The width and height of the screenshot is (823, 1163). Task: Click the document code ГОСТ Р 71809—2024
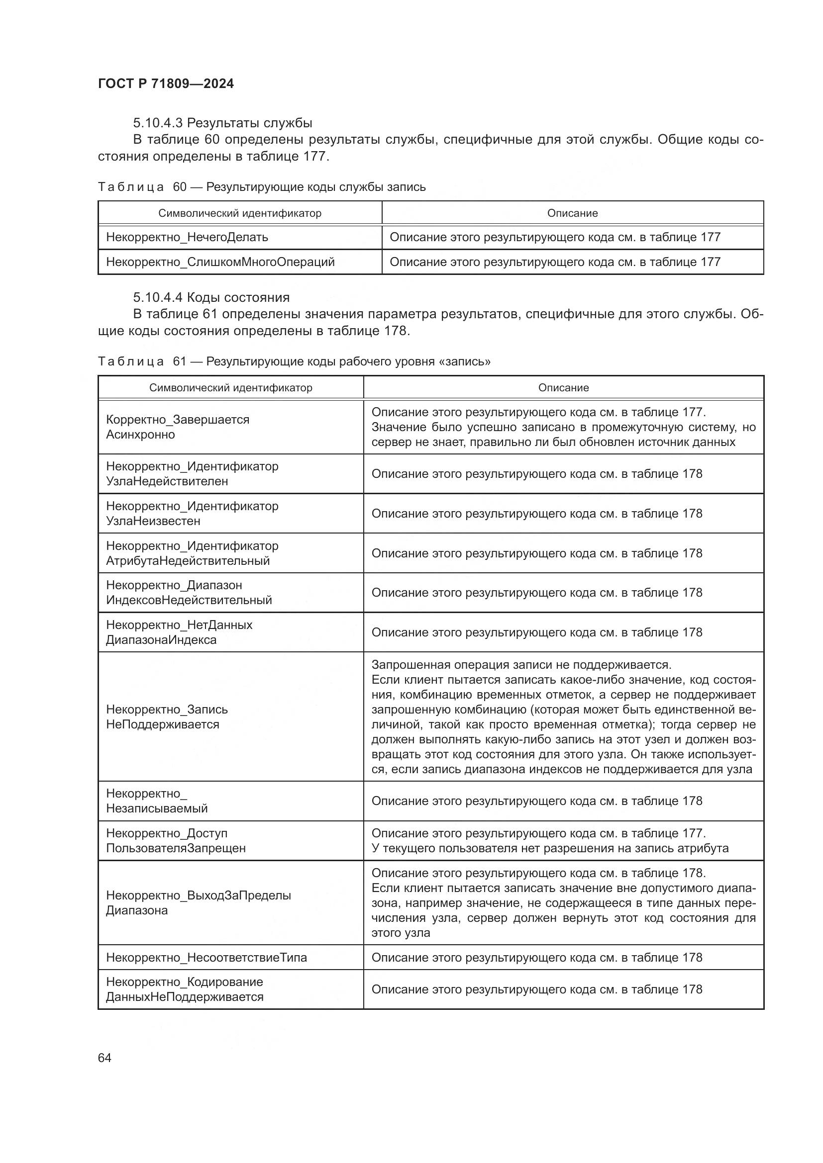tap(166, 84)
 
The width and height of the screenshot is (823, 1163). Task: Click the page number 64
tap(104, 1058)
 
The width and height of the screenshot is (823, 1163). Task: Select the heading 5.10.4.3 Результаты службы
tap(222, 123)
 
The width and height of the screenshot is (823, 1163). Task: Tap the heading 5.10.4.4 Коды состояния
tap(211, 297)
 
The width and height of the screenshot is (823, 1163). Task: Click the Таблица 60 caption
tap(262, 187)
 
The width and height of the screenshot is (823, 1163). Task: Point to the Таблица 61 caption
tap(294, 361)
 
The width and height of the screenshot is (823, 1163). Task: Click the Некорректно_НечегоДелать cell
tap(187, 237)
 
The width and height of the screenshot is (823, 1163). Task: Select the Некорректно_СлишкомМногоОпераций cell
tap(220, 262)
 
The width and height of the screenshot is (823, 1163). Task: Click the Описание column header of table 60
tap(572, 213)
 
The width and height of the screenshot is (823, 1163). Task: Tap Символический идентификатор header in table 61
tap(230, 387)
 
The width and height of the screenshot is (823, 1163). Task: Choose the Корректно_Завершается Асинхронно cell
tap(177, 427)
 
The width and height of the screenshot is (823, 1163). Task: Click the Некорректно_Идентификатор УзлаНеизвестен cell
tap(192, 513)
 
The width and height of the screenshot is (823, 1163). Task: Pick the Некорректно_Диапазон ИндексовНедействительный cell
tap(189, 593)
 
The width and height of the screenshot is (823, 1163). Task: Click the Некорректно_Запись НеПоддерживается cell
tap(167, 717)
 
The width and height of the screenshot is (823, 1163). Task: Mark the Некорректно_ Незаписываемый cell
tap(157, 801)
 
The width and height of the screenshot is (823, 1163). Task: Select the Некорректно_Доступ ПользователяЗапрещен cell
tap(175, 840)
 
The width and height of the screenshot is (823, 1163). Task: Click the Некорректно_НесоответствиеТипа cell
tap(206, 957)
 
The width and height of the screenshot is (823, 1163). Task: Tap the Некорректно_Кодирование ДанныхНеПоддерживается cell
tap(185, 989)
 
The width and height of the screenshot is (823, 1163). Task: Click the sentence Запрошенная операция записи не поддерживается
tap(521, 665)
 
